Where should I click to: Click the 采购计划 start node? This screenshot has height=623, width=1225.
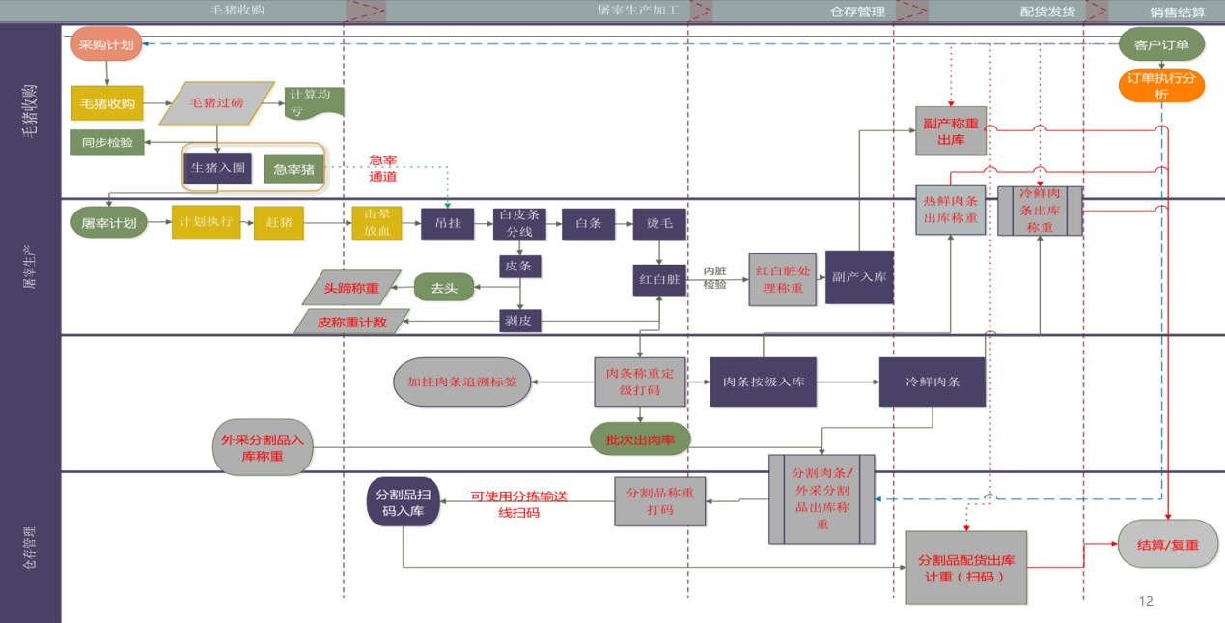pos(106,44)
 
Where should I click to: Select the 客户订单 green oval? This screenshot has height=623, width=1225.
pos(1161,44)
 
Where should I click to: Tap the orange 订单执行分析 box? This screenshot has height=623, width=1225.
pos(1161,86)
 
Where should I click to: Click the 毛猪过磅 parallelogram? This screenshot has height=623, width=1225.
pos(217,102)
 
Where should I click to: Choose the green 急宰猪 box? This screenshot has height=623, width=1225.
pos(293,169)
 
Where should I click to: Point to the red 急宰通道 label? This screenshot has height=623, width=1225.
pos(383,168)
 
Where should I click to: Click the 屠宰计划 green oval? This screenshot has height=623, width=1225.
pos(109,223)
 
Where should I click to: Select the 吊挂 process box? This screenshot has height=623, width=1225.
pos(448,223)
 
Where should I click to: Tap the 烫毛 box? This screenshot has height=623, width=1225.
pos(659,223)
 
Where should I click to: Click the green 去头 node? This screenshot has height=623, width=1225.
pos(444,288)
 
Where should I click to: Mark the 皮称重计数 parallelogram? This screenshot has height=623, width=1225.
pos(352,322)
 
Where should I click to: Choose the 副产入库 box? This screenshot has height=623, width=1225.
pos(859,277)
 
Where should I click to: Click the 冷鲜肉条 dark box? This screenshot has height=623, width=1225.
pos(932,382)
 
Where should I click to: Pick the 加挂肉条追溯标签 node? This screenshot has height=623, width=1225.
pos(462,382)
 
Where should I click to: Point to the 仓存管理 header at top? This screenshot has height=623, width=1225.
pos(857,12)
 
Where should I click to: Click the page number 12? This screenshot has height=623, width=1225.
pos(1146,601)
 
